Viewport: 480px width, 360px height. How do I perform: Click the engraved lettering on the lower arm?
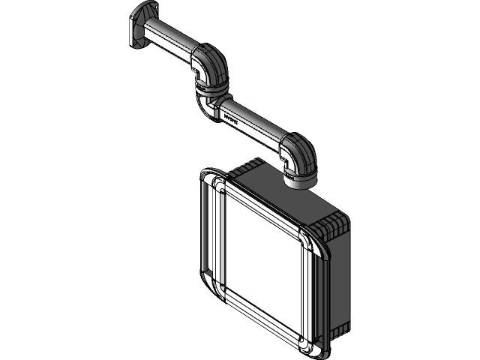[x=230, y=118]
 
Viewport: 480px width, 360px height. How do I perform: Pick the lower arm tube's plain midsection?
[x=259, y=127]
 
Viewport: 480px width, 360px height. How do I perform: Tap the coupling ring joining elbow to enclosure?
[x=300, y=180]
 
